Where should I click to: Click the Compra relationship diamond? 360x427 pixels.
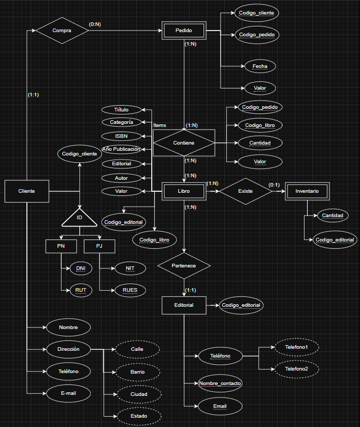pyautogui.click(x=62, y=31)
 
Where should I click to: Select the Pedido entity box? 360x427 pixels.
pyautogui.click(x=184, y=31)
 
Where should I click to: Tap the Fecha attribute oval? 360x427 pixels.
pyautogui.click(x=260, y=66)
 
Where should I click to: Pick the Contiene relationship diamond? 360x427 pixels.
pyautogui.click(x=184, y=143)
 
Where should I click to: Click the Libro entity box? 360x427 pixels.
pyautogui.click(x=184, y=191)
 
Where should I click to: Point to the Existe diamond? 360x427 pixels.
pyautogui.click(x=246, y=191)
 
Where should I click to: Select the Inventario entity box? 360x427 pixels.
pyautogui.click(x=307, y=191)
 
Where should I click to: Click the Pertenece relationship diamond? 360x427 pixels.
pyautogui.click(x=184, y=265)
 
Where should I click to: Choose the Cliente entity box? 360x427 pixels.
pyautogui.click(x=27, y=191)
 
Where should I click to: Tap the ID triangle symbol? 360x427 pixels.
pyautogui.click(x=79, y=218)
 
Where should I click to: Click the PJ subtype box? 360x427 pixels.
pyautogui.click(x=99, y=245)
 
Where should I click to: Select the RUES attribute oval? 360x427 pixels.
pyautogui.click(x=130, y=290)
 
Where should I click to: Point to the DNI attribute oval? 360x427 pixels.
pyautogui.click(x=80, y=268)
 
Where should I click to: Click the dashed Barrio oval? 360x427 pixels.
pyautogui.click(x=137, y=372)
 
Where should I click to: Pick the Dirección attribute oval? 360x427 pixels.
pyautogui.click(x=68, y=349)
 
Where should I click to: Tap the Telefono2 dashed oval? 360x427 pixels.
pyautogui.click(x=296, y=368)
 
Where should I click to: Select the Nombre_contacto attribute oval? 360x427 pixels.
pyautogui.click(x=220, y=383)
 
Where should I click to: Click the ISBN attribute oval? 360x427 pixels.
pyautogui.click(x=121, y=136)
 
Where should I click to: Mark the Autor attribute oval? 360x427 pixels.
pyautogui.click(x=121, y=178)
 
